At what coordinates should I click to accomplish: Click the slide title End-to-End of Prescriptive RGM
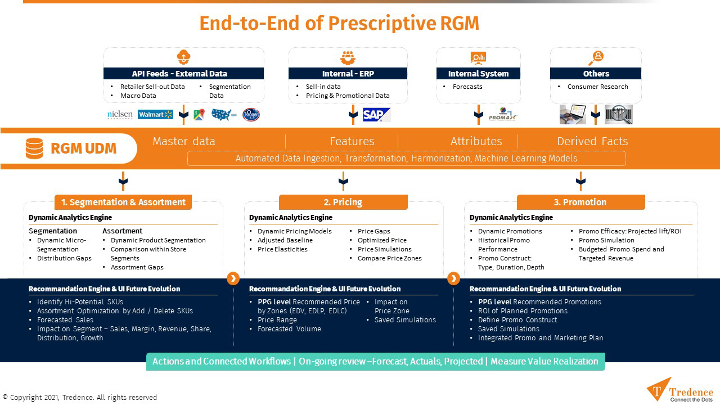click(339, 23)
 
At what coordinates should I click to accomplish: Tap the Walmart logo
click(155, 115)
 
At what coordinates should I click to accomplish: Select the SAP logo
click(376, 115)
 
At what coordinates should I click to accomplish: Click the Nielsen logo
click(120, 115)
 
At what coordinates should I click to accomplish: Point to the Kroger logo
click(251, 115)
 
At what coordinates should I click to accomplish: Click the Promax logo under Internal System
click(502, 115)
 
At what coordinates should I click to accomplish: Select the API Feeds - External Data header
click(183, 74)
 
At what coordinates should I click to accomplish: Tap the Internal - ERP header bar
click(348, 74)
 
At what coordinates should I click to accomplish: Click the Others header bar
click(596, 74)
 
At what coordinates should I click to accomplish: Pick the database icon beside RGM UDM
click(34, 148)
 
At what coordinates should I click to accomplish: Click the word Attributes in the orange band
click(476, 141)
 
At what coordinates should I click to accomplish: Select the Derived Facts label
click(592, 141)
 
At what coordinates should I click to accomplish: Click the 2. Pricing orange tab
click(343, 202)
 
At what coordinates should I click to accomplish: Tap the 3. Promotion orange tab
click(580, 202)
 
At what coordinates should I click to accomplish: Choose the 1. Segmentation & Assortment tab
click(123, 202)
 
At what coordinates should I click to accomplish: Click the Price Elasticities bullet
click(282, 249)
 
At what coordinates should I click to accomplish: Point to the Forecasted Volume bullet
click(289, 329)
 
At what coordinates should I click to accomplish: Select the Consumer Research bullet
click(597, 87)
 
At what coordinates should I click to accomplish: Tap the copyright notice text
click(80, 398)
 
